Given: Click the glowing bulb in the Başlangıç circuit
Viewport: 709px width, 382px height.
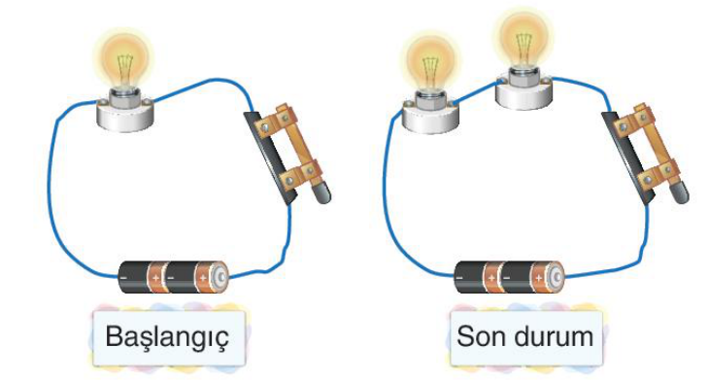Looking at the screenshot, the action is (x=124, y=62).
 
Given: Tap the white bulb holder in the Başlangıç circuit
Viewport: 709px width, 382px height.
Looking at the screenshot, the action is (x=125, y=115).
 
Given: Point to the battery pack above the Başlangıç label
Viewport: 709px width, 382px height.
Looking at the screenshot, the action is (x=174, y=277).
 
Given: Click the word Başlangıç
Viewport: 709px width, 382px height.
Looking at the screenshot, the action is (x=167, y=336).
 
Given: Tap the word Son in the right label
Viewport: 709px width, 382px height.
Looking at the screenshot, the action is (x=480, y=336).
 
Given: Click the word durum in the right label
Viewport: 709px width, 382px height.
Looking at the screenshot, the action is (x=554, y=336).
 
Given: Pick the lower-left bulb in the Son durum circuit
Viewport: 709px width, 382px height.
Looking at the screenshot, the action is (x=431, y=63).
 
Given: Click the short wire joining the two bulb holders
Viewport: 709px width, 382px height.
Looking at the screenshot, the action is (x=477, y=92).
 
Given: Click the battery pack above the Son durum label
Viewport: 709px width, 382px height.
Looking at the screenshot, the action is (x=510, y=277).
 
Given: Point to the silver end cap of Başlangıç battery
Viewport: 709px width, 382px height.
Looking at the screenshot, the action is (x=221, y=277).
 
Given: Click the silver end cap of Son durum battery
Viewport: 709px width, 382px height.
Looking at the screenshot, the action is (x=557, y=277).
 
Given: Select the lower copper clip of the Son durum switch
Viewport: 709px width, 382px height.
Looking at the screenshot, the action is (x=658, y=176).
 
